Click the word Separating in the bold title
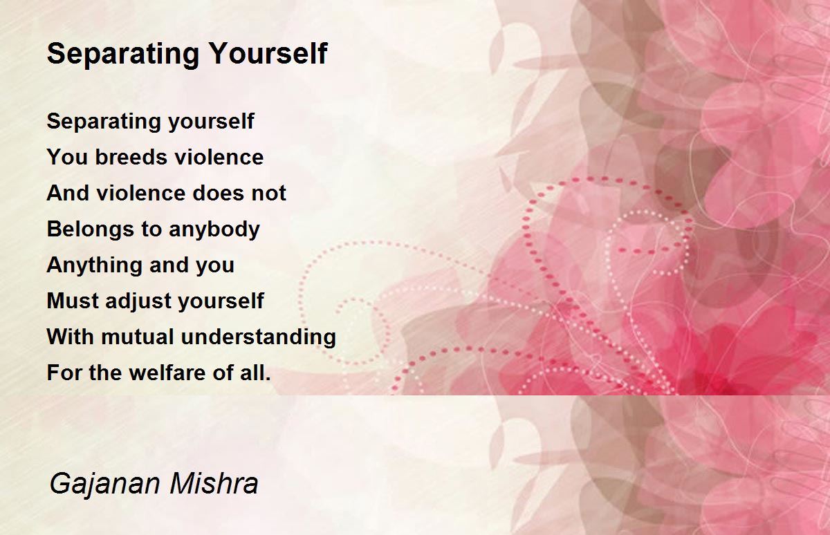pos(123,55)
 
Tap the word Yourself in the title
pos(268,53)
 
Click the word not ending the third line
pos(269,193)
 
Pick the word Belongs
pos(90,230)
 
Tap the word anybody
pos(214,230)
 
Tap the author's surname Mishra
pos(214,483)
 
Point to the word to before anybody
pos(151,229)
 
